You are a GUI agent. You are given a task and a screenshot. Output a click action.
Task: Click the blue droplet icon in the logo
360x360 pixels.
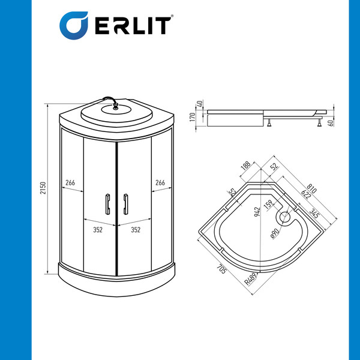tap(73, 25)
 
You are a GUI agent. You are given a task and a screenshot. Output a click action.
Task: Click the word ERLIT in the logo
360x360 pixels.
tap(133, 26)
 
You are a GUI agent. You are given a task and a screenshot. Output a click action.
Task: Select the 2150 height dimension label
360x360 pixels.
tap(43, 188)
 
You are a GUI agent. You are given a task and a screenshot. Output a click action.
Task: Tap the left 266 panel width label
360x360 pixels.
tap(70, 183)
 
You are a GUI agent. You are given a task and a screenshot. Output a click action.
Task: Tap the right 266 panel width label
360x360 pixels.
tap(160, 183)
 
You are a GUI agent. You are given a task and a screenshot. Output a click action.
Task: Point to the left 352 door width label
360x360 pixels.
tap(98, 230)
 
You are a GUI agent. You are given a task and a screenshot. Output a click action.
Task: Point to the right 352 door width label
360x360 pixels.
tap(136, 230)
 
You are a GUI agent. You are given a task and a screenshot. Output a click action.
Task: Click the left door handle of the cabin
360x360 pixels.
tap(107, 204)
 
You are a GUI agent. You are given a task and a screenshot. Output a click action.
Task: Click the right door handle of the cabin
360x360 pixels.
tap(125, 204)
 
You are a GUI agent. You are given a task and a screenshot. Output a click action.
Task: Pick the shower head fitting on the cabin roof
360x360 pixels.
tap(115, 106)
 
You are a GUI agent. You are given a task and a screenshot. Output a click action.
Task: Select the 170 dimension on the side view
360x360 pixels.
tap(193, 117)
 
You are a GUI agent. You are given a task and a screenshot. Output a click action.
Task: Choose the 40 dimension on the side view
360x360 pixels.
tap(200, 104)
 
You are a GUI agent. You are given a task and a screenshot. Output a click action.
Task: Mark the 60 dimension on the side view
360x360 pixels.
tap(331, 123)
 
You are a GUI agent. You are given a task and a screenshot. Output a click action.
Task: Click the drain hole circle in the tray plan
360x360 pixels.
tap(285, 217)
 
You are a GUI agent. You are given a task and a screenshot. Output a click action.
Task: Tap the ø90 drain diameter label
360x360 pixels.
tap(275, 234)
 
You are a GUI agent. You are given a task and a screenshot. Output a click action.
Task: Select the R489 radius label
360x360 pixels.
tap(250, 279)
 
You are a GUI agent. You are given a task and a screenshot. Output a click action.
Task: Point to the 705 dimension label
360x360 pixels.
tap(221, 269)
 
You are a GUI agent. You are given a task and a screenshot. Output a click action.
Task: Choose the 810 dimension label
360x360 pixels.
tap(311, 188)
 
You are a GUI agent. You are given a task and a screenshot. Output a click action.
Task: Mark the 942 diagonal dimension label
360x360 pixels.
tap(257, 212)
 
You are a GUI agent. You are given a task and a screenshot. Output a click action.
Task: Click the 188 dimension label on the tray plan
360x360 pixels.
tap(245, 166)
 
